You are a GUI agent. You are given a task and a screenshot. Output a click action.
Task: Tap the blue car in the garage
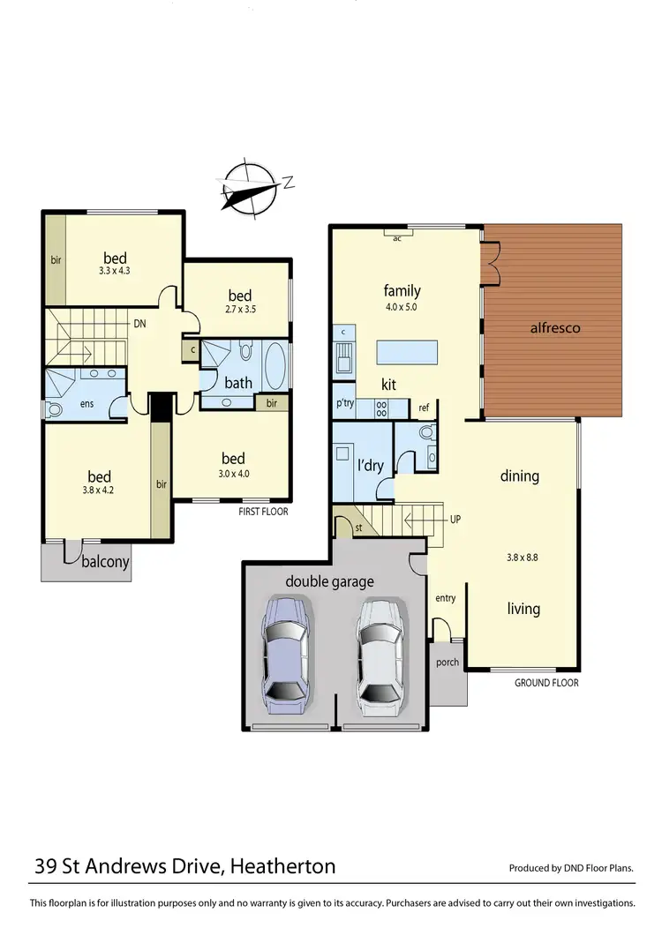286,654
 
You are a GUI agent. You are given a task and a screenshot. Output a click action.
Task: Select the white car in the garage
381,654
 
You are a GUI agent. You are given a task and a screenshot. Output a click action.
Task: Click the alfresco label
553,328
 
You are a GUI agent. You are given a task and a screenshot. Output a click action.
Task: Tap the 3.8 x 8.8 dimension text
521,557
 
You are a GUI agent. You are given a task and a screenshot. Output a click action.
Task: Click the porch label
448,662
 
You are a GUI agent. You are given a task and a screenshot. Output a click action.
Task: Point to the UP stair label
455,520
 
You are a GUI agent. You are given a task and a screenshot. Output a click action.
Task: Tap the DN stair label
139,324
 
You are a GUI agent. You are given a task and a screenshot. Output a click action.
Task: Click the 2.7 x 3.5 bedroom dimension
239,311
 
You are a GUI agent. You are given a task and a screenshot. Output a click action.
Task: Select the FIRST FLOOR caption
263,512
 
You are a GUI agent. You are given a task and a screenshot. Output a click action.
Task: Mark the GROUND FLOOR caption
546,683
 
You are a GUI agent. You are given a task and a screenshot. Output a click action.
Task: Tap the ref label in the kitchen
425,407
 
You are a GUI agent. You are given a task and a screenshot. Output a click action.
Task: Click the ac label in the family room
397,237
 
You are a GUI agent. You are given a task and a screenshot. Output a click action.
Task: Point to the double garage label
329,581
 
